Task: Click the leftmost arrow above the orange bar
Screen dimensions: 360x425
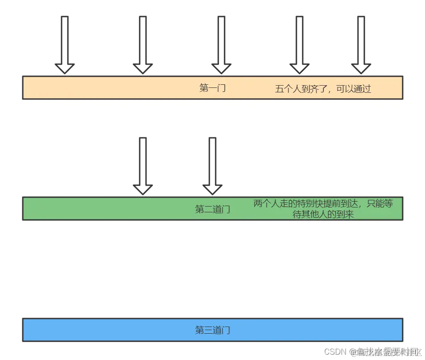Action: coord(65,45)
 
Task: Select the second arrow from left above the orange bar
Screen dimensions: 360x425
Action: coord(143,45)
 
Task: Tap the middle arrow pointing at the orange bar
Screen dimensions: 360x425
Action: coord(221,45)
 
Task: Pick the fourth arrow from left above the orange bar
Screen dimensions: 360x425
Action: coord(299,45)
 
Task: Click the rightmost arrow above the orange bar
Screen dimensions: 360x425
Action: coord(361,45)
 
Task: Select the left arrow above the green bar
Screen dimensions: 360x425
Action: coord(143,166)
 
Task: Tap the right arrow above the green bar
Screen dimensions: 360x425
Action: coord(212,166)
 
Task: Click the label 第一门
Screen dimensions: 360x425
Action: coord(212,88)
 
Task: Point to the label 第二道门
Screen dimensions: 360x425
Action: coord(212,209)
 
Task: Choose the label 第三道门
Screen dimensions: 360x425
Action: coord(212,330)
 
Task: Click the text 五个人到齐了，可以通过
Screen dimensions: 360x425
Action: coord(323,89)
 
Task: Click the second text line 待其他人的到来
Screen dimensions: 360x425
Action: coord(323,214)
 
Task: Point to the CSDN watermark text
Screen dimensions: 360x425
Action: coord(336,352)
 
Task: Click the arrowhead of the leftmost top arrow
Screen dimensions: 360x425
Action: coord(65,68)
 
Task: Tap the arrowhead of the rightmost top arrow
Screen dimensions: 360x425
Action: coord(361,68)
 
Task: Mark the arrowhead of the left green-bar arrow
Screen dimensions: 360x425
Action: coord(143,189)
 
